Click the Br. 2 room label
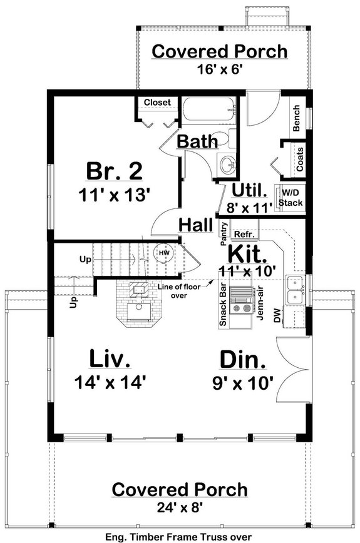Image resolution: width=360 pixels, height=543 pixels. click(114, 170)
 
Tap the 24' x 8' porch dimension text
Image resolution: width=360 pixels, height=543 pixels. click(179, 507)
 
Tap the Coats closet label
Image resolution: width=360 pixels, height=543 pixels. click(300, 159)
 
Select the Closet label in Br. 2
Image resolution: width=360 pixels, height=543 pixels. click(157, 103)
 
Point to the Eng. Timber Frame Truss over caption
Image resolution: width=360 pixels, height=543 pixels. click(179, 536)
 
